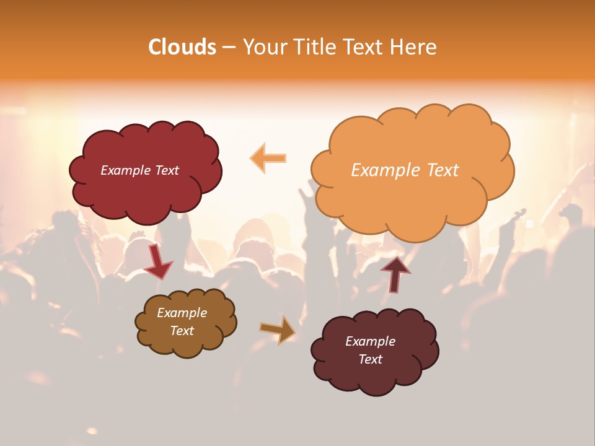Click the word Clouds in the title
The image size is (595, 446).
(x=182, y=47)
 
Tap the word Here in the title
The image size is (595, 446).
(x=415, y=47)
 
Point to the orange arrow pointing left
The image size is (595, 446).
(x=268, y=158)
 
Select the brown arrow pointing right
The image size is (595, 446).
(x=278, y=329)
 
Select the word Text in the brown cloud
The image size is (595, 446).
(x=182, y=331)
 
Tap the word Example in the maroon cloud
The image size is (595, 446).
(x=370, y=341)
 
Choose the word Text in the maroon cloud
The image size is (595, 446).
(x=370, y=359)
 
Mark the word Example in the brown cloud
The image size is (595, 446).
(x=182, y=313)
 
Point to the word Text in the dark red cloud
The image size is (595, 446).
(x=167, y=170)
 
